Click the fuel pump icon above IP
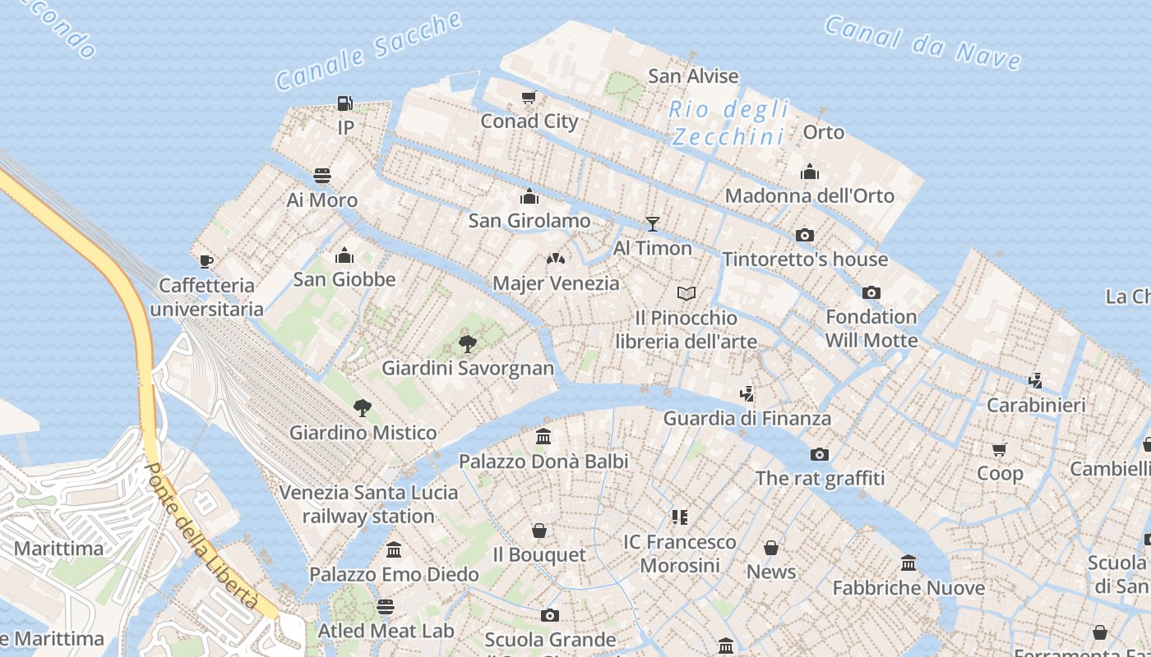[345, 103]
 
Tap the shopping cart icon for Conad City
[529, 98]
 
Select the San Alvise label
[693, 76]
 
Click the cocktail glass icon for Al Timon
[653, 223]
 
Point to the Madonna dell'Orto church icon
[810, 172]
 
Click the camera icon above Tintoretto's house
[805, 236]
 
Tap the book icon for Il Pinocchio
[686, 293]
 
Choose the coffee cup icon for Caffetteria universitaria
[206, 261]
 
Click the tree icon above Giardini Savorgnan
[468, 343]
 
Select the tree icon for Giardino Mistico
[362, 408]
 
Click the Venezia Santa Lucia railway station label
[368, 504]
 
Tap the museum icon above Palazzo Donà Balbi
[543, 437]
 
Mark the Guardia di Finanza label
[747, 418]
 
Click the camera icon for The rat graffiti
[820, 454]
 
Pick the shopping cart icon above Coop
[1000, 449]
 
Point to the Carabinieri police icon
[1036, 381]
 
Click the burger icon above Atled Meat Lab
[386, 607]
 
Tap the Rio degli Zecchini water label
[728, 122]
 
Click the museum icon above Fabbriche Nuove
[908, 563]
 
